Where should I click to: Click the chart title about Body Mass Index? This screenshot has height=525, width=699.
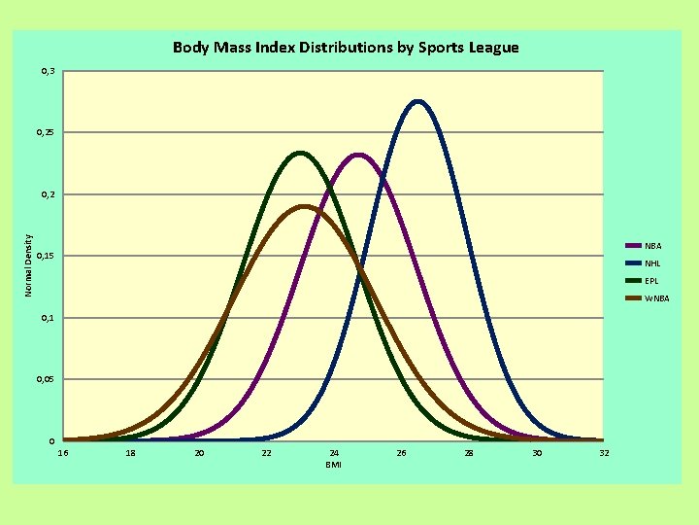pos(346,47)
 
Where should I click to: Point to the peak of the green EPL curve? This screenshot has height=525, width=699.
pos(300,153)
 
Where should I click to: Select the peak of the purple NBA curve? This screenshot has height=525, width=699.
pos(358,155)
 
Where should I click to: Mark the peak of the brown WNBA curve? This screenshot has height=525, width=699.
pos(303,206)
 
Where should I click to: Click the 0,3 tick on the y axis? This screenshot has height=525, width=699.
pos(48,71)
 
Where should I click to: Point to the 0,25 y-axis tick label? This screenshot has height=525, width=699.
pos(47,132)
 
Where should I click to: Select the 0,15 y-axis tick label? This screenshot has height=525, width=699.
pos(47,256)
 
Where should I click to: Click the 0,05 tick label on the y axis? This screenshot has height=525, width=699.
pos(47,379)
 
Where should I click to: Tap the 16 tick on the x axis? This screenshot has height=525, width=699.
pos(64,453)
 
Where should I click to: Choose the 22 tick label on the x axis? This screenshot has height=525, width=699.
pos(266,453)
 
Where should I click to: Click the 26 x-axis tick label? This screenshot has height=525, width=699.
pos(401,453)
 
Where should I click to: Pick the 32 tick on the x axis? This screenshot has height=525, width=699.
pos(604,453)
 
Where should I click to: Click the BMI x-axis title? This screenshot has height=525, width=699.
pos(333,465)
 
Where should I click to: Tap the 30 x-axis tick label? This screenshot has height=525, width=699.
pos(536,453)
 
